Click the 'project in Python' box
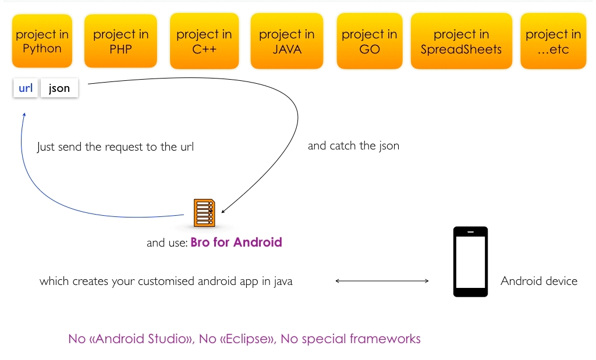coord(42,41)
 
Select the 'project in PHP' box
coord(120,41)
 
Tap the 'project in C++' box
coord(204,41)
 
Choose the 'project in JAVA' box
coord(286,41)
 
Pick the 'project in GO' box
coord(370,41)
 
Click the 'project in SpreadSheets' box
coord(461,41)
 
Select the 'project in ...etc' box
coord(553,41)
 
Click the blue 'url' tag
coord(26,88)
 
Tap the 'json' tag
coord(59,88)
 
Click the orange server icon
coord(204,213)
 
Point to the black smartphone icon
coord(470,262)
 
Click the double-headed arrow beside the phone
coord(382,281)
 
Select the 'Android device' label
coord(539,281)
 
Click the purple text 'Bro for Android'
coord(236,243)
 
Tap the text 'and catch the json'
coord(353,146)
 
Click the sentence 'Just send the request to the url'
coord(115,147)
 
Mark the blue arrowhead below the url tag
coord(24,115)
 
